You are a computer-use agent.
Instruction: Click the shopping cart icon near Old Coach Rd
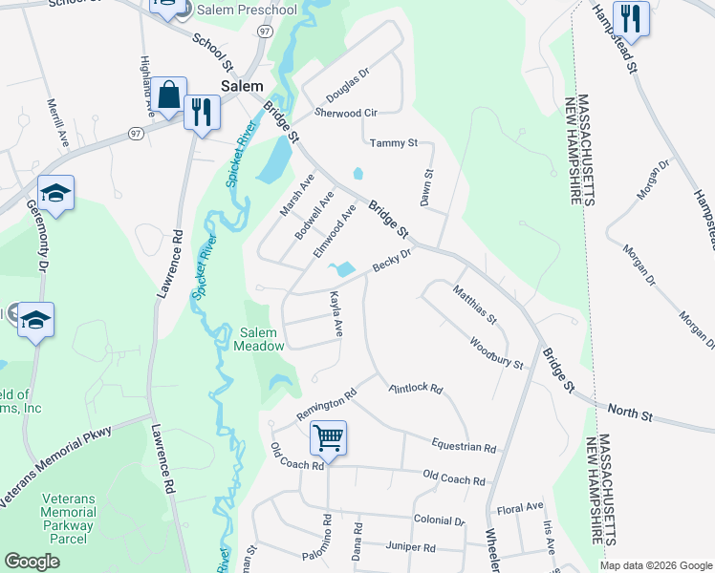tap(327, 438)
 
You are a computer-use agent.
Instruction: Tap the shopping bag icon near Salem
tap(169, 95)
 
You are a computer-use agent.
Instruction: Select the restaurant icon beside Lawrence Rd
tap(201, 112)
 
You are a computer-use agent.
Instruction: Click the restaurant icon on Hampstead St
tap(630, 17)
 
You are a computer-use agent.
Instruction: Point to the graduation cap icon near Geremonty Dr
tap(56, 194)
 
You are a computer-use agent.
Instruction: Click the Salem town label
tap(242, 86)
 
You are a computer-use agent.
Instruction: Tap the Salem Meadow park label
tap(259, 338)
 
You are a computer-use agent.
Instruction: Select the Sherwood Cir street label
tap(346, 113)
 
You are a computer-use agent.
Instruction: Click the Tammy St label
tap(394, 143)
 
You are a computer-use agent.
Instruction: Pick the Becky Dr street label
tap(391, 260)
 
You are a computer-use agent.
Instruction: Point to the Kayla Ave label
tap(336, 313)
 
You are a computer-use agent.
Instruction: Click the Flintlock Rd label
tap(416, 389)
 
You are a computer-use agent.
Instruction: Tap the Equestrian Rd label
tap(463, 446)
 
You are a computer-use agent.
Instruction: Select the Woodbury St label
tap(495, 352)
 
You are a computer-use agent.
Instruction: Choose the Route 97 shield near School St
tap(265, 31)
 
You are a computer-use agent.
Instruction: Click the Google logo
tap(32, 562)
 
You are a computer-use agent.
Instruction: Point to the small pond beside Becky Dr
tap(341, 270)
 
